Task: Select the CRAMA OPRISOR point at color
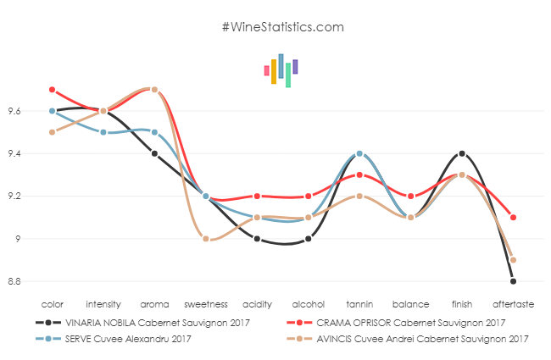tap(52, 90)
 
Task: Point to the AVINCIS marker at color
tap(52, 132)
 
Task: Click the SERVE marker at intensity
tap(103, 132)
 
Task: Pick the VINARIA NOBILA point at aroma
tap(154, 153)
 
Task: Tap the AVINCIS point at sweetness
tap(206, 239)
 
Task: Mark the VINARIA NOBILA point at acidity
tap(257, 239)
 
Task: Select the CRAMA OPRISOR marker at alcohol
tap(309, 197)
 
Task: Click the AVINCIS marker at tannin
tap(359, 197)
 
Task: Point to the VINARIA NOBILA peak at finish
tap(462, 153)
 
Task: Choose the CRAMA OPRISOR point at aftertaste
tap(514, 218)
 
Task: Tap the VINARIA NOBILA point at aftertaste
tap(514, 281)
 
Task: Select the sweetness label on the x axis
tap(206, 302)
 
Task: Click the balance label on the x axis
tap(411, 302)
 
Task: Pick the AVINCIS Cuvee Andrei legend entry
tap(415, 339)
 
